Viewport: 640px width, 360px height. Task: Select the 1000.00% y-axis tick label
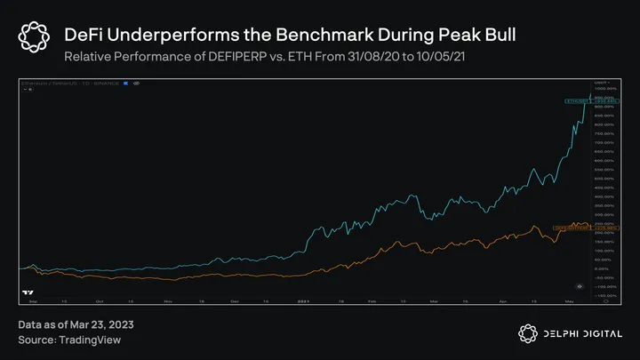click(x=607, y=88)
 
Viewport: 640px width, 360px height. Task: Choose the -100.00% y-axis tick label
click(x=607, y=286)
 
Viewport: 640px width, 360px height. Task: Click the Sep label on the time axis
click(x=33, y=300)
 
